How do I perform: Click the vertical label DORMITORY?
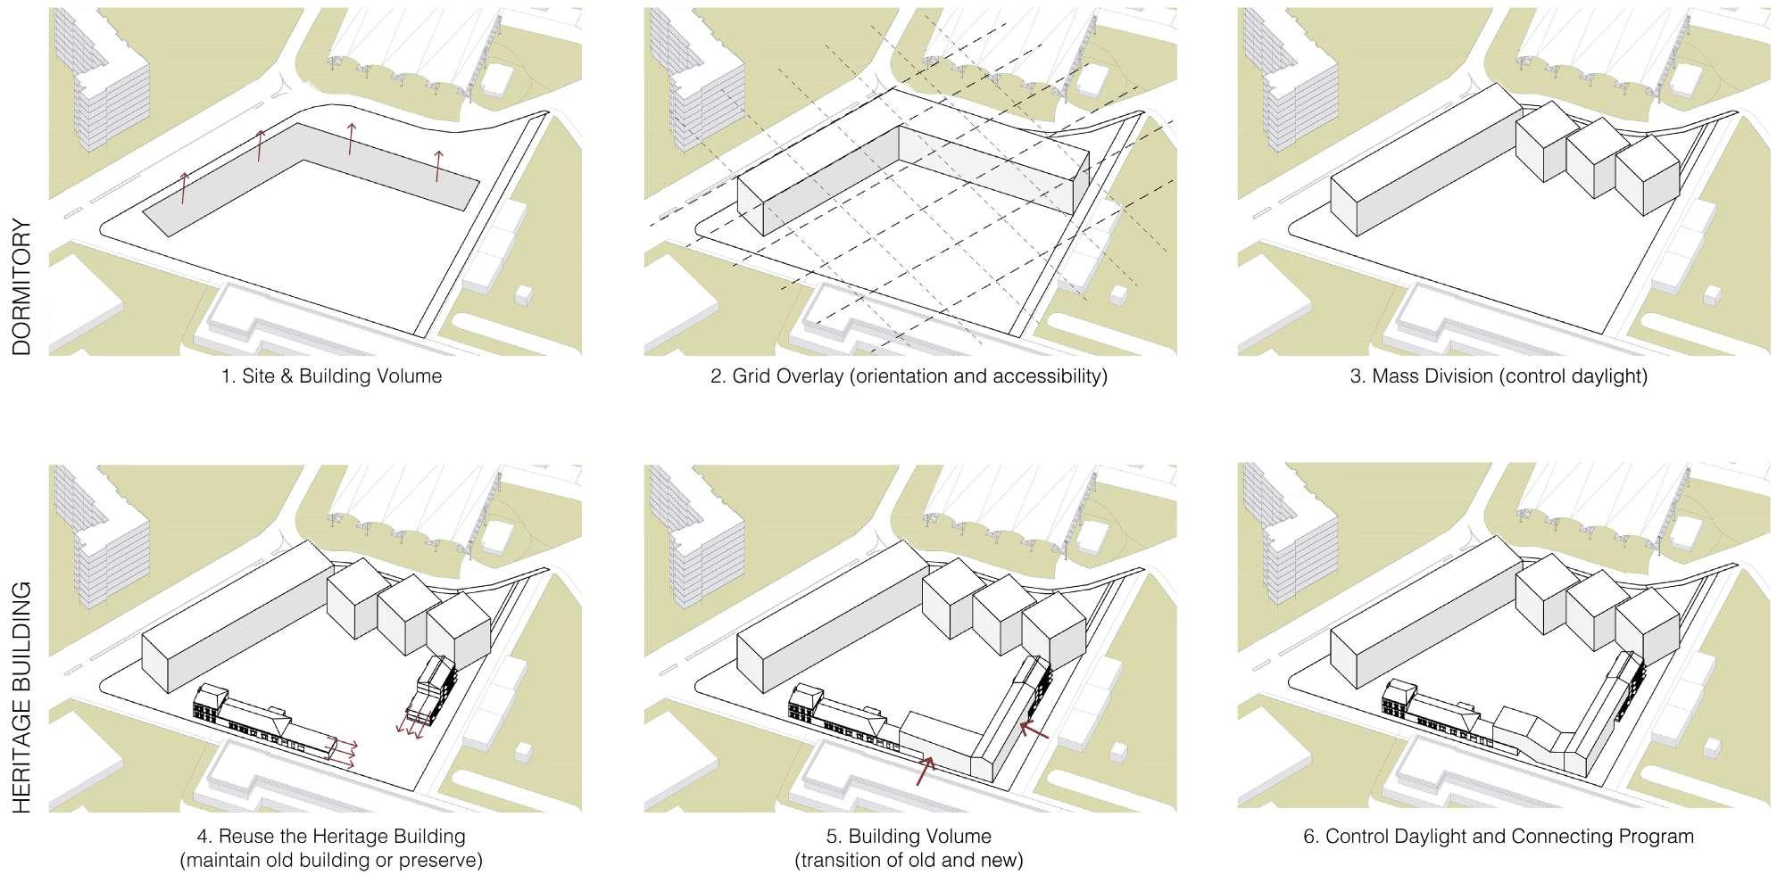click(x=21, y=287)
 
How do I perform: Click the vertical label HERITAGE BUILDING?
click(x=21, y=697)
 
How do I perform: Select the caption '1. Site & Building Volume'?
click(x=331, y=376)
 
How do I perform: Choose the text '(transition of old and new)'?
click(x=909, y=861)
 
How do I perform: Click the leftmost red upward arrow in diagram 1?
click(x=185, y=188)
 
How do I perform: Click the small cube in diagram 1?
click(x=524, y=294)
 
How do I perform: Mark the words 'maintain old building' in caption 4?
click(x=279, y=861)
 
